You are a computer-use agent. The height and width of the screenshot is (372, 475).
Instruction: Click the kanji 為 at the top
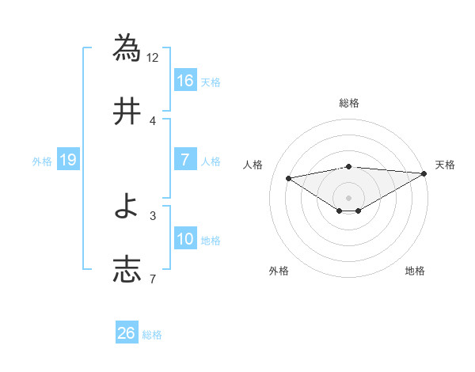pyautogui.click(x=127, y=47)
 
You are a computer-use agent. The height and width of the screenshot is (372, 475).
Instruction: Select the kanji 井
pyautogui.click(x=127, y=112)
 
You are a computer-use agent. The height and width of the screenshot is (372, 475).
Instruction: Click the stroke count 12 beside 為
pyautogui.click(x=153, y=57)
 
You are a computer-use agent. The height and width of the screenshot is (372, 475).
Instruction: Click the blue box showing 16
pyautogui.click(x=184, y=80)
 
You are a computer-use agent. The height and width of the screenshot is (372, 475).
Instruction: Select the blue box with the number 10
pyautogui.click(x=184, y=239)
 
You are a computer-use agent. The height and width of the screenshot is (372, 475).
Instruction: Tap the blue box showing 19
pyautogui.click(x=67, y=160)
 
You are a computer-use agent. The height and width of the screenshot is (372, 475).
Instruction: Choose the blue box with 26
pyautogui.click(x=127, y=333)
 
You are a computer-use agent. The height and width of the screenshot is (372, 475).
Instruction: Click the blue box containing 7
pyautogui.click(x=184, y=160)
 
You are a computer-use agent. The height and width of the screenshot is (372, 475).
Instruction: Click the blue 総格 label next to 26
pyautogui.click(x=152, y=335)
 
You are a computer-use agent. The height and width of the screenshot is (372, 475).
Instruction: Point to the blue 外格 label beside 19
pyautogui.click(x=42, y=161)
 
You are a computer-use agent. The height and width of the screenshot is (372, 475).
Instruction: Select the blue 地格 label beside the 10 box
pyautogui.click(x=210, y=241)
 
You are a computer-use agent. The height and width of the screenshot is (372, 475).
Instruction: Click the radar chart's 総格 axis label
pyautogui.click(x=349, y=104)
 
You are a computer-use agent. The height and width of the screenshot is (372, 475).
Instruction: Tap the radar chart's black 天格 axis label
pyautogui.click(x=445, y=165)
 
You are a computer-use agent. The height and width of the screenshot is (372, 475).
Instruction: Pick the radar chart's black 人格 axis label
pyautogui.click(x=253, y=165)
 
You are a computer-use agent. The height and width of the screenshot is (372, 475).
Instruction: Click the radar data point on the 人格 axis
pyautogui.click(x=289, y=177)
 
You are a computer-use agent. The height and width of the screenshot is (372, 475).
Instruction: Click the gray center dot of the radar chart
pyautogui.click(x=349, y=196)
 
